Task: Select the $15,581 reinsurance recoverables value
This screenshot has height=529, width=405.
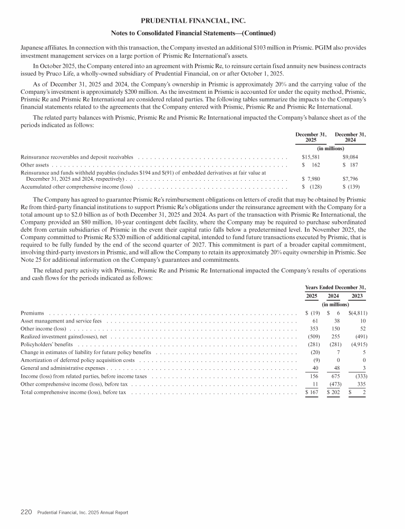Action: pos(311,157)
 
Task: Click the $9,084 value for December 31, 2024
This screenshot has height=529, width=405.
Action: pos(351,157)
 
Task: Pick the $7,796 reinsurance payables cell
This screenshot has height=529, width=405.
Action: pos(351,178)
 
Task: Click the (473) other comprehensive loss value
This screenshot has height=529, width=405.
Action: pos(332,384)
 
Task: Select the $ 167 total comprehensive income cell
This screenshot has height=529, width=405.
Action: pos(312,393)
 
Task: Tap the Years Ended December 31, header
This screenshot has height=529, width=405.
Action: pos(335,287)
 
